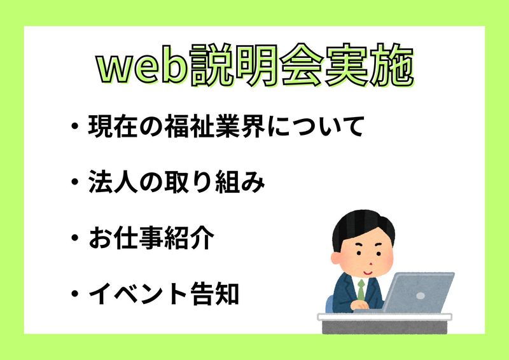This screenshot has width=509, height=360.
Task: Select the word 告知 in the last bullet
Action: tap(214, 293)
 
